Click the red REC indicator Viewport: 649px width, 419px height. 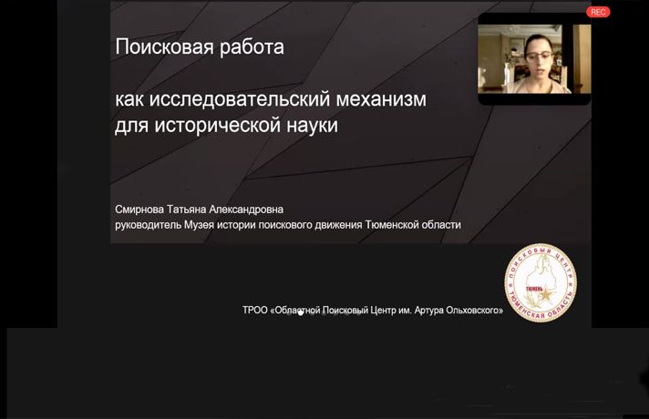coord(598,12)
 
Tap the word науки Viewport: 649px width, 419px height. coord(309,126)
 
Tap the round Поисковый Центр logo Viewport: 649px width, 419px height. coord(541,283)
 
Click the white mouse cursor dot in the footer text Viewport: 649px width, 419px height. coord(301,312)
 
